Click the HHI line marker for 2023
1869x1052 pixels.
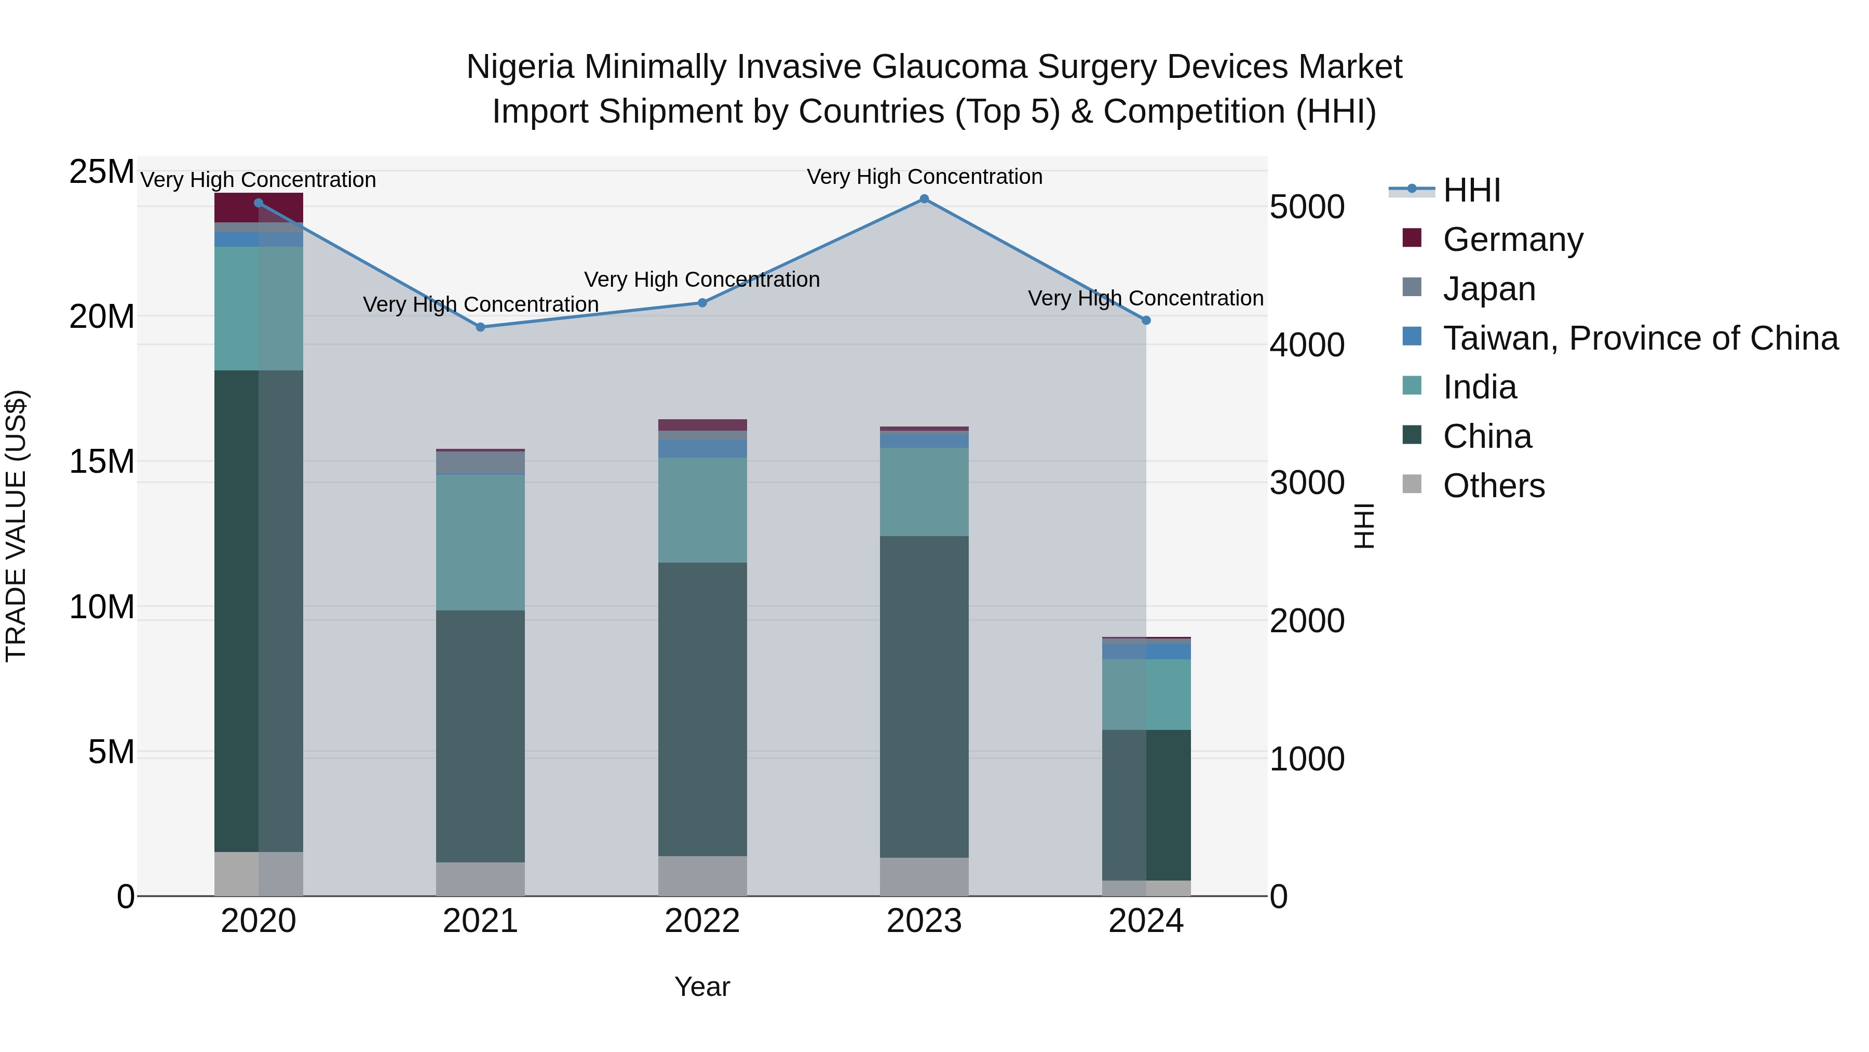(x=924, y=199)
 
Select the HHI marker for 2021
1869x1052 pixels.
(x=480, y=327)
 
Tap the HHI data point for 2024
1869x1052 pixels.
(x=1146, y=320)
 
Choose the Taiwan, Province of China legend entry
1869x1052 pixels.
(x=1640, y=338)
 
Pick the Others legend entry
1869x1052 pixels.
(x=1493, y=486)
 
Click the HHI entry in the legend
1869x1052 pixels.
(x=1471, y=190)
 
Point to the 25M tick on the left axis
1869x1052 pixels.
(x=102, y=172)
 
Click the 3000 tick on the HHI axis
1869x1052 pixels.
(x=1307, y=483)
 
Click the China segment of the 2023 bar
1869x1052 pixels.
(x=924, y=697)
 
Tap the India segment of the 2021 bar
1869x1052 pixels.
(x=480, y=542)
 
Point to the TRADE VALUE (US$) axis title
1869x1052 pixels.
(x=16, y=526)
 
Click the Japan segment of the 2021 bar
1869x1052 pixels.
(x=480, y=462)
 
